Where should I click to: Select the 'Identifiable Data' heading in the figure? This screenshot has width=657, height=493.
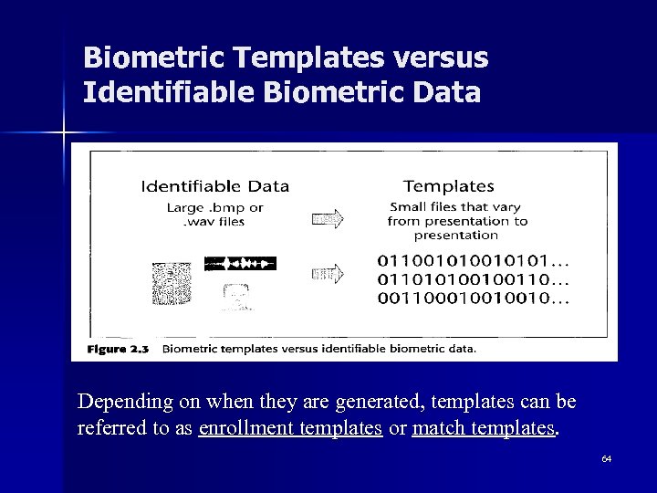tap(214, 186)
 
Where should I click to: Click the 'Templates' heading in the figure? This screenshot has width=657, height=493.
tap(448, 186)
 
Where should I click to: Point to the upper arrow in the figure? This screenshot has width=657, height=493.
tap(327, 219)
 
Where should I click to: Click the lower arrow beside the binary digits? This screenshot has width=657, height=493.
tap(327, 273)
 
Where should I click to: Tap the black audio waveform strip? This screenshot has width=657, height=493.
tap(239, 263)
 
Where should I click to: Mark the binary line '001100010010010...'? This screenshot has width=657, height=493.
tap(472, 298)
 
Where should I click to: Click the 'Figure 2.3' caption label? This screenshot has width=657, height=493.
tap(118, 348)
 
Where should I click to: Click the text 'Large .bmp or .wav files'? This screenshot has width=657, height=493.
tap(214, 215)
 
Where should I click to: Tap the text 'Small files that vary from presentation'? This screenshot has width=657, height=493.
tap(456, 220)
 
